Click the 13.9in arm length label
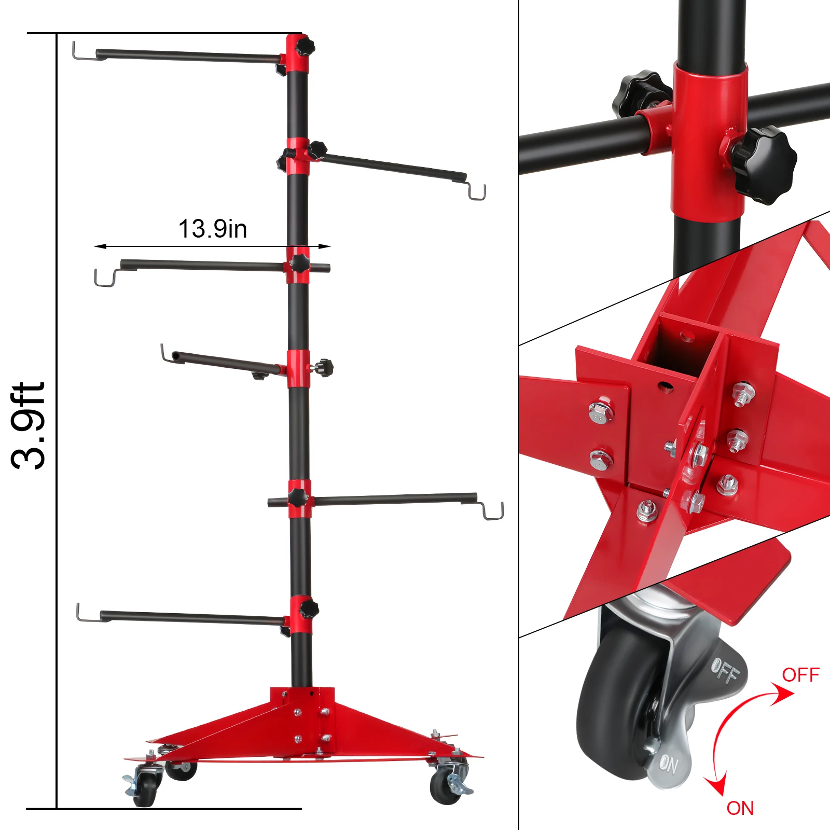213,229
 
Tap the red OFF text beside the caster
800,675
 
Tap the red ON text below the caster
740,808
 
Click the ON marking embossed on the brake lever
669,764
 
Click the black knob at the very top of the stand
306,47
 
